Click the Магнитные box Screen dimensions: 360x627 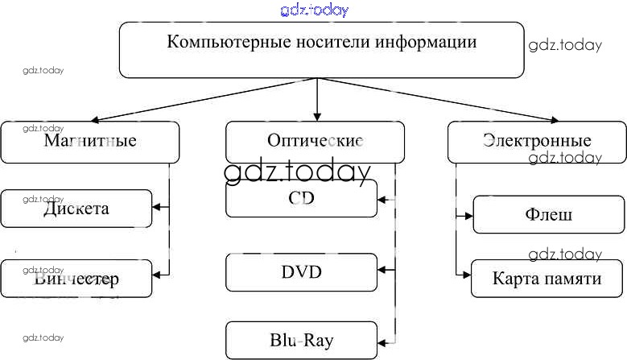click(x=89, y=142)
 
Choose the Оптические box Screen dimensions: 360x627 click(x=315, y=142)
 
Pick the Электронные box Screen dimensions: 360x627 click(x=537, y=142)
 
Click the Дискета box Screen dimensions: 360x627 click(x=76, y=209)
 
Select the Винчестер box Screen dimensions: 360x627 click(x=76, y=279)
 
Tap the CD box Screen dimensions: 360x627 click(x=301, y=198)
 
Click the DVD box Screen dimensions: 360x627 click(x=301, y=272)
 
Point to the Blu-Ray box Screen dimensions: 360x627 click(x=301, y=340)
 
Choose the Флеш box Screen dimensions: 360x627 click(x=549, y=215)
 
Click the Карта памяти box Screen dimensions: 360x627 click(x=547, y=279)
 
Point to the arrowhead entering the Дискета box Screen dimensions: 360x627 click(x=156, y=208)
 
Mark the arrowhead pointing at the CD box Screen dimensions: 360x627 click(x=382, y=198)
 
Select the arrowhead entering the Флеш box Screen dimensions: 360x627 click(x=468, y=215)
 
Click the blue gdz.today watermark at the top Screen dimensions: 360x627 click(x=315, y=10)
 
